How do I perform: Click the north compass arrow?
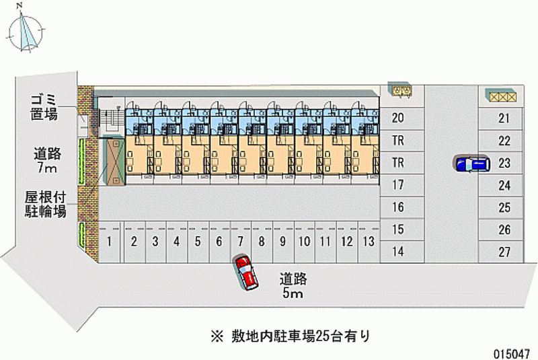pos(28,30)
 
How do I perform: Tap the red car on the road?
pos(245,271)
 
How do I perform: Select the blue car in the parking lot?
pos(471,164)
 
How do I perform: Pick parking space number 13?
pos(367,240)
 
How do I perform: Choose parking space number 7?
pos(239,240)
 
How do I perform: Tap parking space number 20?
pos(398,118)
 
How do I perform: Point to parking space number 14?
pos(398,252)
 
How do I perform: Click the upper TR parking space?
pos(398,140)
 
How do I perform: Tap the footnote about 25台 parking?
pos(290,334)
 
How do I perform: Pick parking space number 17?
pos(398,184)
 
